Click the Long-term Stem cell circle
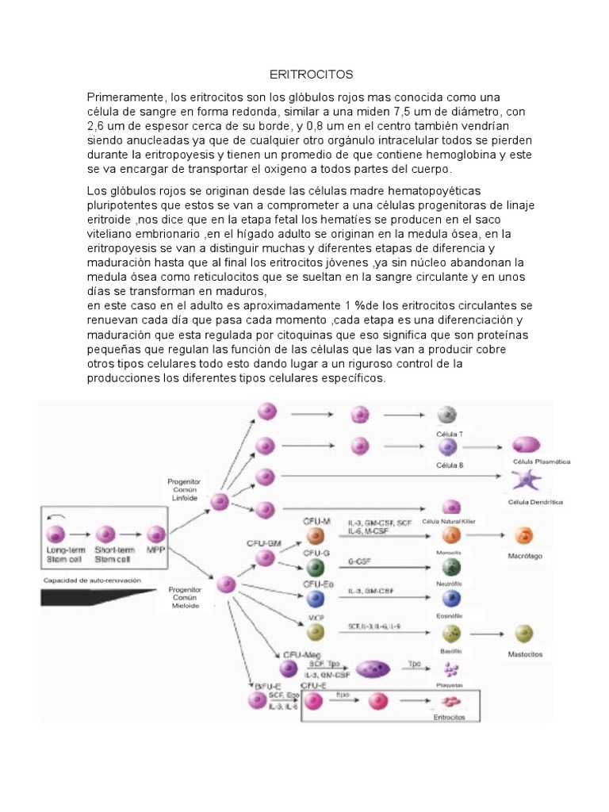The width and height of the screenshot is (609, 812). coord(56,534)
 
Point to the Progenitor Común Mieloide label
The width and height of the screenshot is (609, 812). coord(184,596)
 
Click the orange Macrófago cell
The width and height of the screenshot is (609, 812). coord(524,535)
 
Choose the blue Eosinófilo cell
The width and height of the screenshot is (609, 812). coord(450,598)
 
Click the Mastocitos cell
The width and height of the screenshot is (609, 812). coord(523,633)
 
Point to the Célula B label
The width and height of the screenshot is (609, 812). coord(450,465)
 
